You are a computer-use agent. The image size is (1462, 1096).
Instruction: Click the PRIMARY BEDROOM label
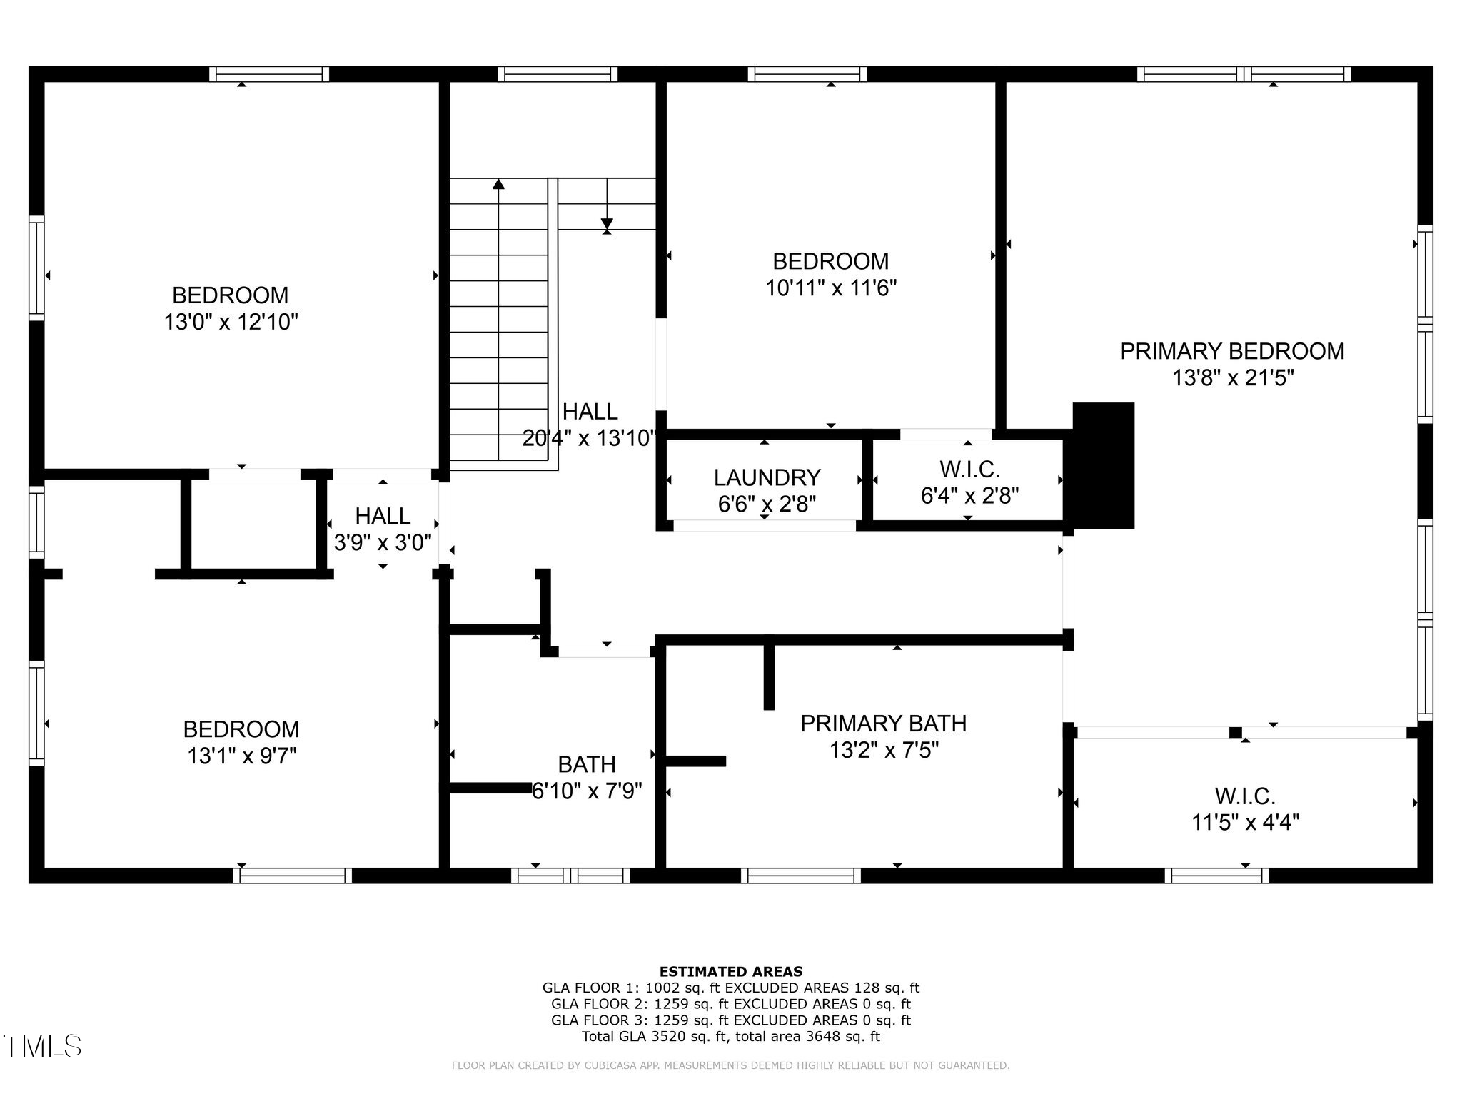pos(1232,351)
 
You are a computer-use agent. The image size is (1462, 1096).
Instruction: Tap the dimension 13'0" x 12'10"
pos(231,323)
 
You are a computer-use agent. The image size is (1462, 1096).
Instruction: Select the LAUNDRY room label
pos(767,477)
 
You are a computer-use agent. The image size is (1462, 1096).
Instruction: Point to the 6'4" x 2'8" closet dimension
pos(969,495)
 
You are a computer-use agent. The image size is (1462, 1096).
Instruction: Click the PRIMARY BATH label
pos(883,724)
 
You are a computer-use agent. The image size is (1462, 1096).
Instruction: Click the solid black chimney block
pos(1103,466)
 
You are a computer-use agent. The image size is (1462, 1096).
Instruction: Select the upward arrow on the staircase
pos(498,185)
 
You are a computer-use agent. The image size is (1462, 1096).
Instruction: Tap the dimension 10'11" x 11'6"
pos(831,288)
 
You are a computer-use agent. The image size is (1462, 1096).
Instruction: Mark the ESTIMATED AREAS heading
pos(730,971)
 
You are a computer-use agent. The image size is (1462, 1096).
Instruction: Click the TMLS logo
pos(42,1046)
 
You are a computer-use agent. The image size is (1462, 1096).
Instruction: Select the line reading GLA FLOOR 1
pos(730,988)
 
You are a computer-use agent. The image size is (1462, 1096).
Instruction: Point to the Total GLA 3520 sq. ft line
pos(730,1037)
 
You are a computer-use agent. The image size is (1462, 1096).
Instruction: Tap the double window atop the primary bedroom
pos(1244,74)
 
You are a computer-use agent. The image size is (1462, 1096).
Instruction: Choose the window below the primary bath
pos(800,876)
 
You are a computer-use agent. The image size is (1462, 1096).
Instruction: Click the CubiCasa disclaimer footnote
pos(730,1065)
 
